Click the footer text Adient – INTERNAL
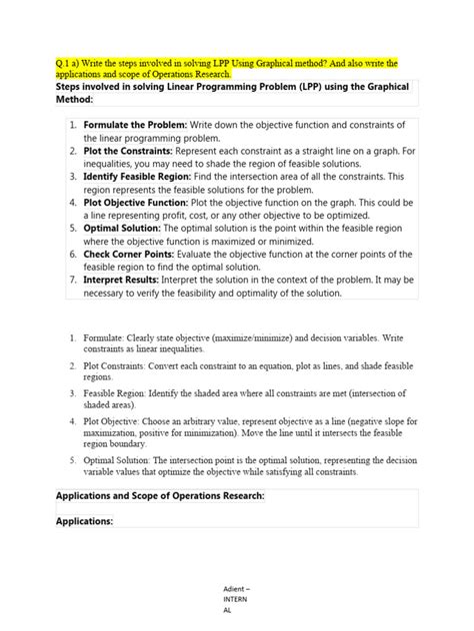tap(236, 602)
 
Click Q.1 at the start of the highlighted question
tap(66, 63)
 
